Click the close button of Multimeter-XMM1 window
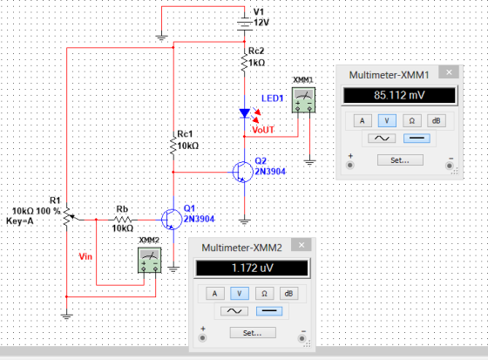click(449, 72)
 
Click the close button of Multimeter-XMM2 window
click(302, 245)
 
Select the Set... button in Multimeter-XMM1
click(400, 160)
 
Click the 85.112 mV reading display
click(399, 95)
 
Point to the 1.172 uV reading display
click(252, 268)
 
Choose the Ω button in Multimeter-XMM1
click(411, 121)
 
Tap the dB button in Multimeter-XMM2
click(288, 294)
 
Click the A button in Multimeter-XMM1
click(363, 121)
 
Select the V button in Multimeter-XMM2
click(240, 294)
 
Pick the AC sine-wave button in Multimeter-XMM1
click(382, 139)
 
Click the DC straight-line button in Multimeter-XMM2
click(269, 311)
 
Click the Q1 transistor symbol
click(172, 220)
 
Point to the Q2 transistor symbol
click(243, 172)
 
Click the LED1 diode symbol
click(245, 113)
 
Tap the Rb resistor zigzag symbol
click(122, 220)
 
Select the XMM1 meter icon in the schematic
click(303, 99)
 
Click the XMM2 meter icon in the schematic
click(150, 260)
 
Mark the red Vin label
click(85, 256)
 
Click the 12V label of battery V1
click(261, 23)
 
